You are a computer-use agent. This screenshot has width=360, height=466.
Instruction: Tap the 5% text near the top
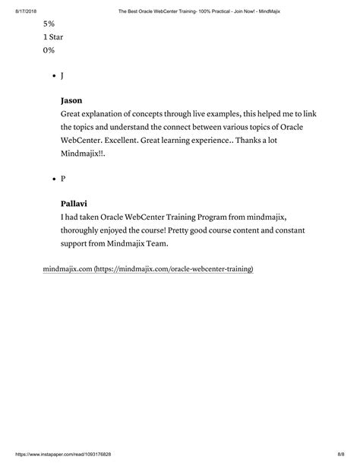pos(49,24)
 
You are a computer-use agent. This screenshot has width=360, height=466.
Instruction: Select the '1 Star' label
pos(53,36)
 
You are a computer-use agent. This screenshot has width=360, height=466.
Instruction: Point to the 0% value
pos(49,50)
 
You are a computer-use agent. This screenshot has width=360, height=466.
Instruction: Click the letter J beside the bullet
pos(62,76)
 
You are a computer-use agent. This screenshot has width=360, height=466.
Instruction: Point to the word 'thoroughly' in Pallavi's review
pos(84,230)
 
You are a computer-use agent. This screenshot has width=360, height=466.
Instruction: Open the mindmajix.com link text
pos(67,269)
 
